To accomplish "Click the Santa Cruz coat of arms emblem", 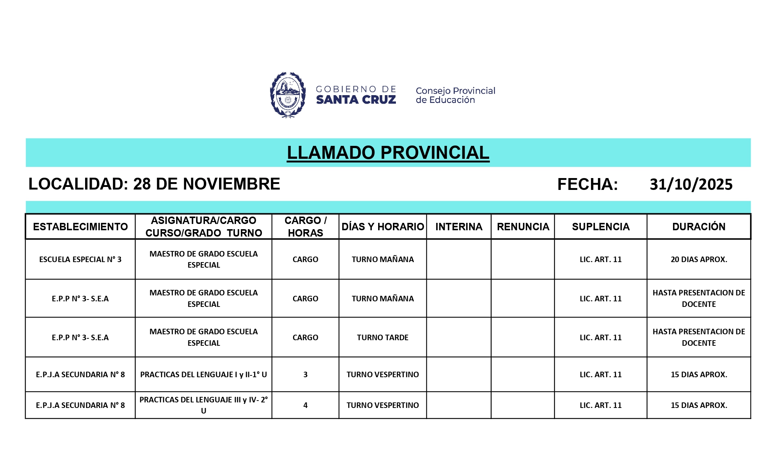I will pyautogui.click(x=288, y=95).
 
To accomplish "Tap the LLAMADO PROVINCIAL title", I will pyautogui.click(x=388, y=153).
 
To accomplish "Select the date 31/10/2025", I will pyautogui.click(x=691, y=184).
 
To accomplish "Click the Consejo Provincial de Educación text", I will pyautogui.click(x=455, y=95).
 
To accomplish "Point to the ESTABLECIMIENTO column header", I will pyautogui.click(x=80, y=227).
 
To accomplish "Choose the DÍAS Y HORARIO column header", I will pyautogui.click(x=383, y=227).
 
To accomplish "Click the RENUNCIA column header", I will pyautogui.click(x=523, y=227).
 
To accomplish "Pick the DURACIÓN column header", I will pyautogui.click(x=699, y=227).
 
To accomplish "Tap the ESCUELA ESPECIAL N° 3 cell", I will pyautogui.click(x=80, y=260).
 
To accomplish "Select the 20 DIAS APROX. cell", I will pyautogui.click(x=699, y=260).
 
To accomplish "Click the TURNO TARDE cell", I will pyautogui.click(x=383, y=338).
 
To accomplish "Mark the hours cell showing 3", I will pyautogui.click(x=305, y=375).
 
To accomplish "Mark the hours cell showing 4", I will pyautogui.click(x=305, y=405).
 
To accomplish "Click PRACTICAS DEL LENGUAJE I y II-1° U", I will pyautogui.click(x=203, y=375).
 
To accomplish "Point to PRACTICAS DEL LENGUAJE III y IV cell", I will pyautogui.click(x=203, y=405).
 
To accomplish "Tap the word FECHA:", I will pyautogui.click(x=588, y=184).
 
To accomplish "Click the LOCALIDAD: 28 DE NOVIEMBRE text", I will pyautogui.click(x=154, y=184).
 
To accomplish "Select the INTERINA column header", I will pyautogui.click(x=459, y=227).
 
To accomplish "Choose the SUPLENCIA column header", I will pyautogui.click(x=601, y=227).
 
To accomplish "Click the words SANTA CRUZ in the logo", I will pyautogui.click(x=356, y=100).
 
